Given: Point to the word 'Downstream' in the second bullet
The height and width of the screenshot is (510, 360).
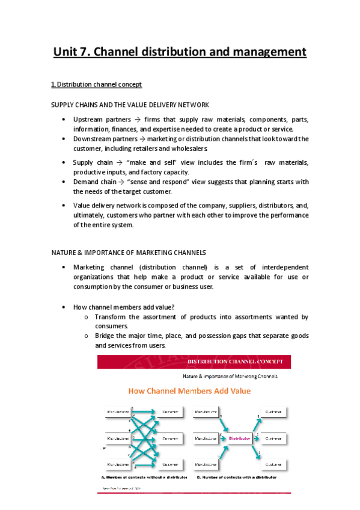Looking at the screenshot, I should click(93, 138).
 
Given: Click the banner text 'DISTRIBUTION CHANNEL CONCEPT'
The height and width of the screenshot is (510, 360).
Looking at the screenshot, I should click(239, 362).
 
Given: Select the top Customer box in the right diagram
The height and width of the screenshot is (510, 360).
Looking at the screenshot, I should click(273, 413).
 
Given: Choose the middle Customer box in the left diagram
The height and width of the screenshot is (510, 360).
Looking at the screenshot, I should click(170, 438).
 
